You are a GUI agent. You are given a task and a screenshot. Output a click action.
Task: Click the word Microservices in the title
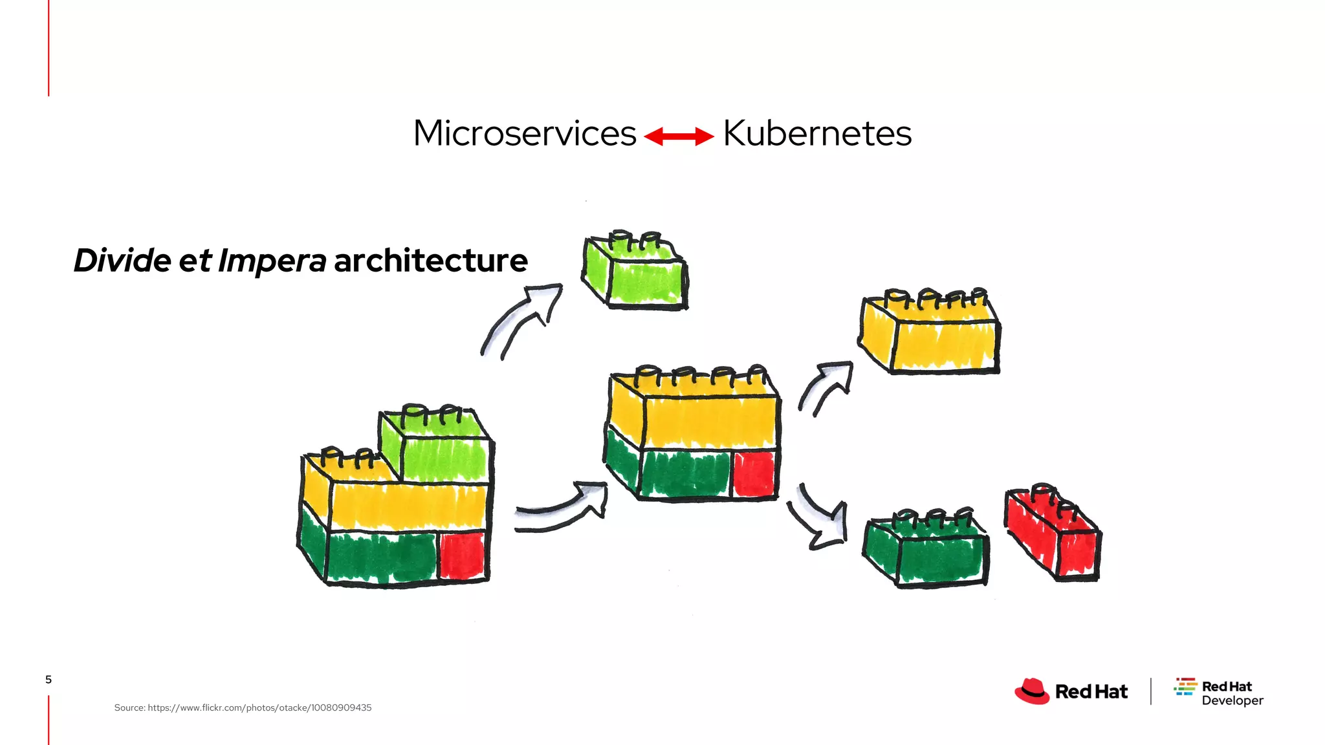pos(525,134)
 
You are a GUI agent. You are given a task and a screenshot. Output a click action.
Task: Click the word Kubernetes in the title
pos(816,134)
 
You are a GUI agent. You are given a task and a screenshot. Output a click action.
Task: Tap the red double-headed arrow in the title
pos(679,136)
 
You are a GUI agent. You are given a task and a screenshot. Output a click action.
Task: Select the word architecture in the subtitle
pos(430,261)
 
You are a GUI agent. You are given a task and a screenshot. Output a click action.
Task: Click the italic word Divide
pos(122,261)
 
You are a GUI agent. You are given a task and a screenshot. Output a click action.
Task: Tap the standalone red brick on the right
pos(1053,534)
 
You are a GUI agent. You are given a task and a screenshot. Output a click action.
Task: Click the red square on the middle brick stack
pos(754,474)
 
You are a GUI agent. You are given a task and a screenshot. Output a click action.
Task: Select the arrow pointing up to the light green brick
pos(521,320)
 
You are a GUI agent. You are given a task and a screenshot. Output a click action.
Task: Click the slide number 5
pos(49,679)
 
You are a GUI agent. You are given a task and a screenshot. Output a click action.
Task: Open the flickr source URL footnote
pos(243,707)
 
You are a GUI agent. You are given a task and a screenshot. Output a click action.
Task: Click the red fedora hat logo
pos(1032,691)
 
